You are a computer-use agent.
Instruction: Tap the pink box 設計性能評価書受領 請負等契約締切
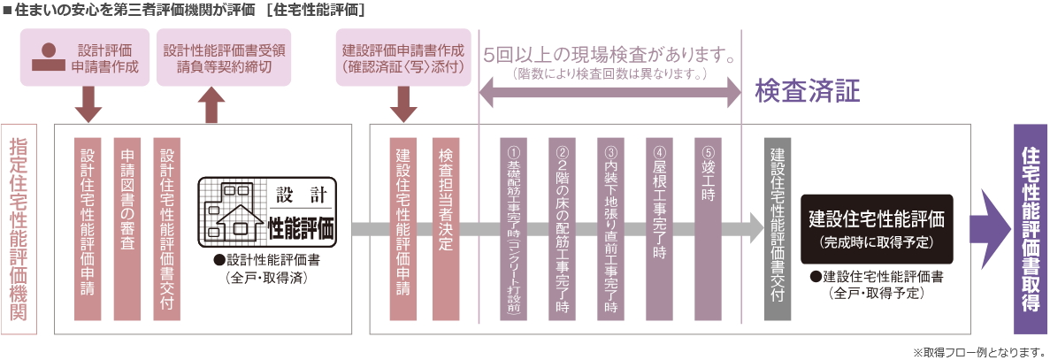coord(224,57)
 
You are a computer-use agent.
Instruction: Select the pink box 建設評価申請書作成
coord(403,57)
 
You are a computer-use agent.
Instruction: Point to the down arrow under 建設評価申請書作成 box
coord(403,106)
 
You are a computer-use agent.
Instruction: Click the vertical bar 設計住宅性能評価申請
coord(88,228)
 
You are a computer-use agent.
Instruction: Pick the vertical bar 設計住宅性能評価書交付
coord(166,228)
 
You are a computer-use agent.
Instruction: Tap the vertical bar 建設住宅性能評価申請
coord(403,228)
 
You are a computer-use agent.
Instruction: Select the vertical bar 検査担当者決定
coord(446,228)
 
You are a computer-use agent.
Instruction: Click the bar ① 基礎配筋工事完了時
coord(513,228)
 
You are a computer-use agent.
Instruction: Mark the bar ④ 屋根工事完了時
coord(660,228)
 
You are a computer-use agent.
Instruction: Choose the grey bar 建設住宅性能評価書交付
coord(777,228)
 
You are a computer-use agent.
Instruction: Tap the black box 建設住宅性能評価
coord(877,228)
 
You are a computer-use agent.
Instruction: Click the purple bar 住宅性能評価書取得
coord(1030,228)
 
